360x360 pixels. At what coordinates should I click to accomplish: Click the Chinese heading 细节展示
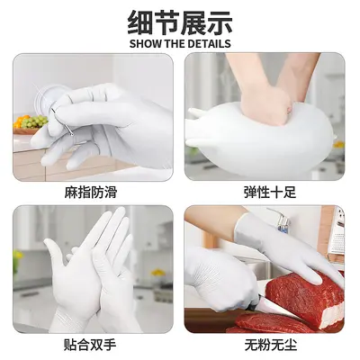click(x=180, y=22)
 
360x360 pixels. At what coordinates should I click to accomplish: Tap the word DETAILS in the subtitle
click(x=209, y=44)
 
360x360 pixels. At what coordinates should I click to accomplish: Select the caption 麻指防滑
click(x=90, y=193)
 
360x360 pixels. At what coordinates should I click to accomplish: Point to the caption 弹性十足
click(x=270, y=193)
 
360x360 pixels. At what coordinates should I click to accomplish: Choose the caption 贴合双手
click(x=90, y=345)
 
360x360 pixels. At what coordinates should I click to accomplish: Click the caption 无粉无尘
click(x=271, y=345)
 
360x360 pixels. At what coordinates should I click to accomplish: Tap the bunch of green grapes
click(x=35, y=121)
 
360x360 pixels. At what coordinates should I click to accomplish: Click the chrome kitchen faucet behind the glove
click(x=282, y=222)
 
